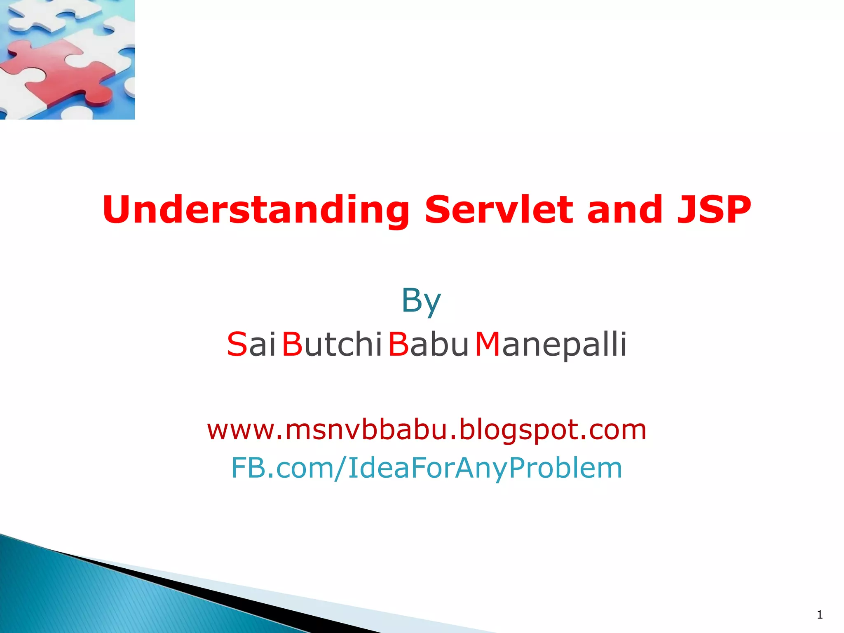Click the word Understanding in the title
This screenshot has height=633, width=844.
pos(256,210)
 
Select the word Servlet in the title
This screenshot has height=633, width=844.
pos(499,210)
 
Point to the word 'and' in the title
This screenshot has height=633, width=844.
pos(625,210)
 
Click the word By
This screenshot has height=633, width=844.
pos(421,301)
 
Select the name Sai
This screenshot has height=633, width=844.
pos(251,344)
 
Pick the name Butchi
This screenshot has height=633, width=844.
pos(332,344)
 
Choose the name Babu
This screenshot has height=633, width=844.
pos(428,344)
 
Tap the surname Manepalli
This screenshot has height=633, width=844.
pos(551,344)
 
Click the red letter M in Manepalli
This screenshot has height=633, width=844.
pos(488,344)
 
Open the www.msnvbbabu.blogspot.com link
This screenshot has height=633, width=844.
pos(427,429)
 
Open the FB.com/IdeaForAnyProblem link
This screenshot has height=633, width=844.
pos(427,468)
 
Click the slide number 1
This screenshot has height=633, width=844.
pos(820,615)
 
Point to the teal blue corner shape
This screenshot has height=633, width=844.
pos(82,598)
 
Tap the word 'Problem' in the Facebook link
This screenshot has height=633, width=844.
pos(565,468)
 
